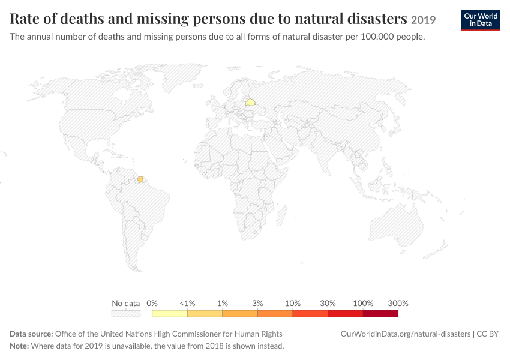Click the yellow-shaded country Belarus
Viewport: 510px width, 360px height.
(x=250, y=103)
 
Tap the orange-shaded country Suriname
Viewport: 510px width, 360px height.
(x=140, y=179)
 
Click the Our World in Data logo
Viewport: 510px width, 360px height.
(x=481, y=20)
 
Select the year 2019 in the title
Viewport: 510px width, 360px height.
(x=423, y=20)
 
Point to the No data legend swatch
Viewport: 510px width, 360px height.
(x=126, y=313)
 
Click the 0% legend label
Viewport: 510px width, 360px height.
(x=152, y=304)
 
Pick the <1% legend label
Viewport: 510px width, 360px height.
(x=187, y=304)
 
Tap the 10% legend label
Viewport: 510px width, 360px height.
(x=293, y=304)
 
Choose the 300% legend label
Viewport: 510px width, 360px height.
(x=398, y=304)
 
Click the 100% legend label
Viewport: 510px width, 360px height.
(x=363, y=304)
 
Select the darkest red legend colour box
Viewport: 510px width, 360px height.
(x=380, y=313)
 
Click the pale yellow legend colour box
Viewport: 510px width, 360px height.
(x=170, y=313)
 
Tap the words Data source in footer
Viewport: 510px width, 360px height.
(x=31, y=334)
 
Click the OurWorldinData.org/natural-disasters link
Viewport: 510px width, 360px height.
(x=405, y=334)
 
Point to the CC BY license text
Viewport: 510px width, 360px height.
(x=488, y=334)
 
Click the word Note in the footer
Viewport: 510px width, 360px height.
(x=19, y=346)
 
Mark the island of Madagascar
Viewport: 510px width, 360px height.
(x=281, y=215)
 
